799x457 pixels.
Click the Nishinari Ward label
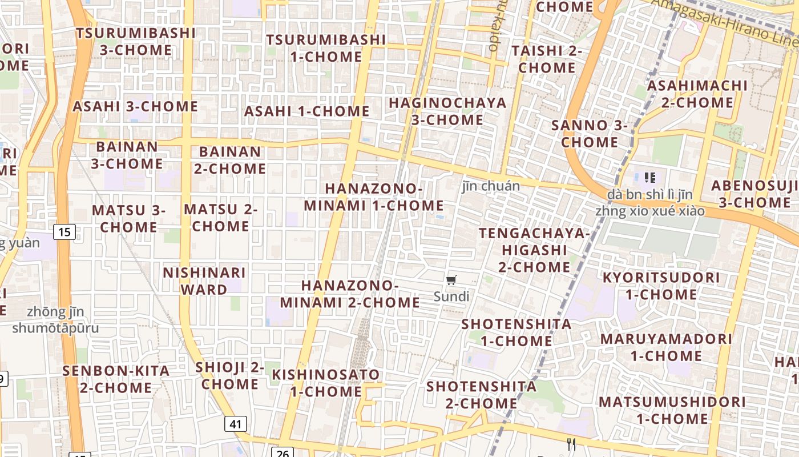(x=204, y=281)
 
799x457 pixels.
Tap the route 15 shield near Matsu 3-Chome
(x=65, y=232)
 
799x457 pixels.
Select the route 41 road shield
(x=236, y=424)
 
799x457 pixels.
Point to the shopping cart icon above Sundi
(x=451, y=280)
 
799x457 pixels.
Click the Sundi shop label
(x=451, y=296)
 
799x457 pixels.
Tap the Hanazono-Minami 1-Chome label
(x=374, y=197)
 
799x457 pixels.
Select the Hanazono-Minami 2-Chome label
(x=350, y=294)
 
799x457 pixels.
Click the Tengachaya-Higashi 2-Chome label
(x=534, y=250)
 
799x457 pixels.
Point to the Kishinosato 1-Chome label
(x=326, y=383)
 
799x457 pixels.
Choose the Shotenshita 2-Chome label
(x=482, y=395)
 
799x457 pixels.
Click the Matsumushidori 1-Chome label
(x=672, y=410)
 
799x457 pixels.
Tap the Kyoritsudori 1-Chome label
(x=661, y=286)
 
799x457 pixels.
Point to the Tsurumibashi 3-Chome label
(x=136, y=41)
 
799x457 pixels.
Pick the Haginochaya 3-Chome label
(x=447, y=111)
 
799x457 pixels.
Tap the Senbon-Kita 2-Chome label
(x=116, y=379)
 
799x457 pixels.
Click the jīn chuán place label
(x=491, y=186)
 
